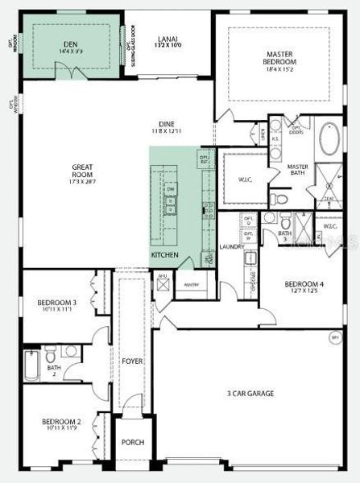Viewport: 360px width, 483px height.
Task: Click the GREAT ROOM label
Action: click(83, 170)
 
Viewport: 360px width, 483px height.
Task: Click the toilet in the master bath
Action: click(275, 197)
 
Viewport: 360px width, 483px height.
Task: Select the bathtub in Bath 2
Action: click(31, 364)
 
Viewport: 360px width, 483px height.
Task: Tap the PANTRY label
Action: click(191, 284)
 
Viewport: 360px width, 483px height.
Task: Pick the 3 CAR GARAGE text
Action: click(250, 393)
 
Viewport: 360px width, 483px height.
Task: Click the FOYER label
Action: click(131, 361)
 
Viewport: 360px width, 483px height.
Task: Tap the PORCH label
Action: click(131, 442)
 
